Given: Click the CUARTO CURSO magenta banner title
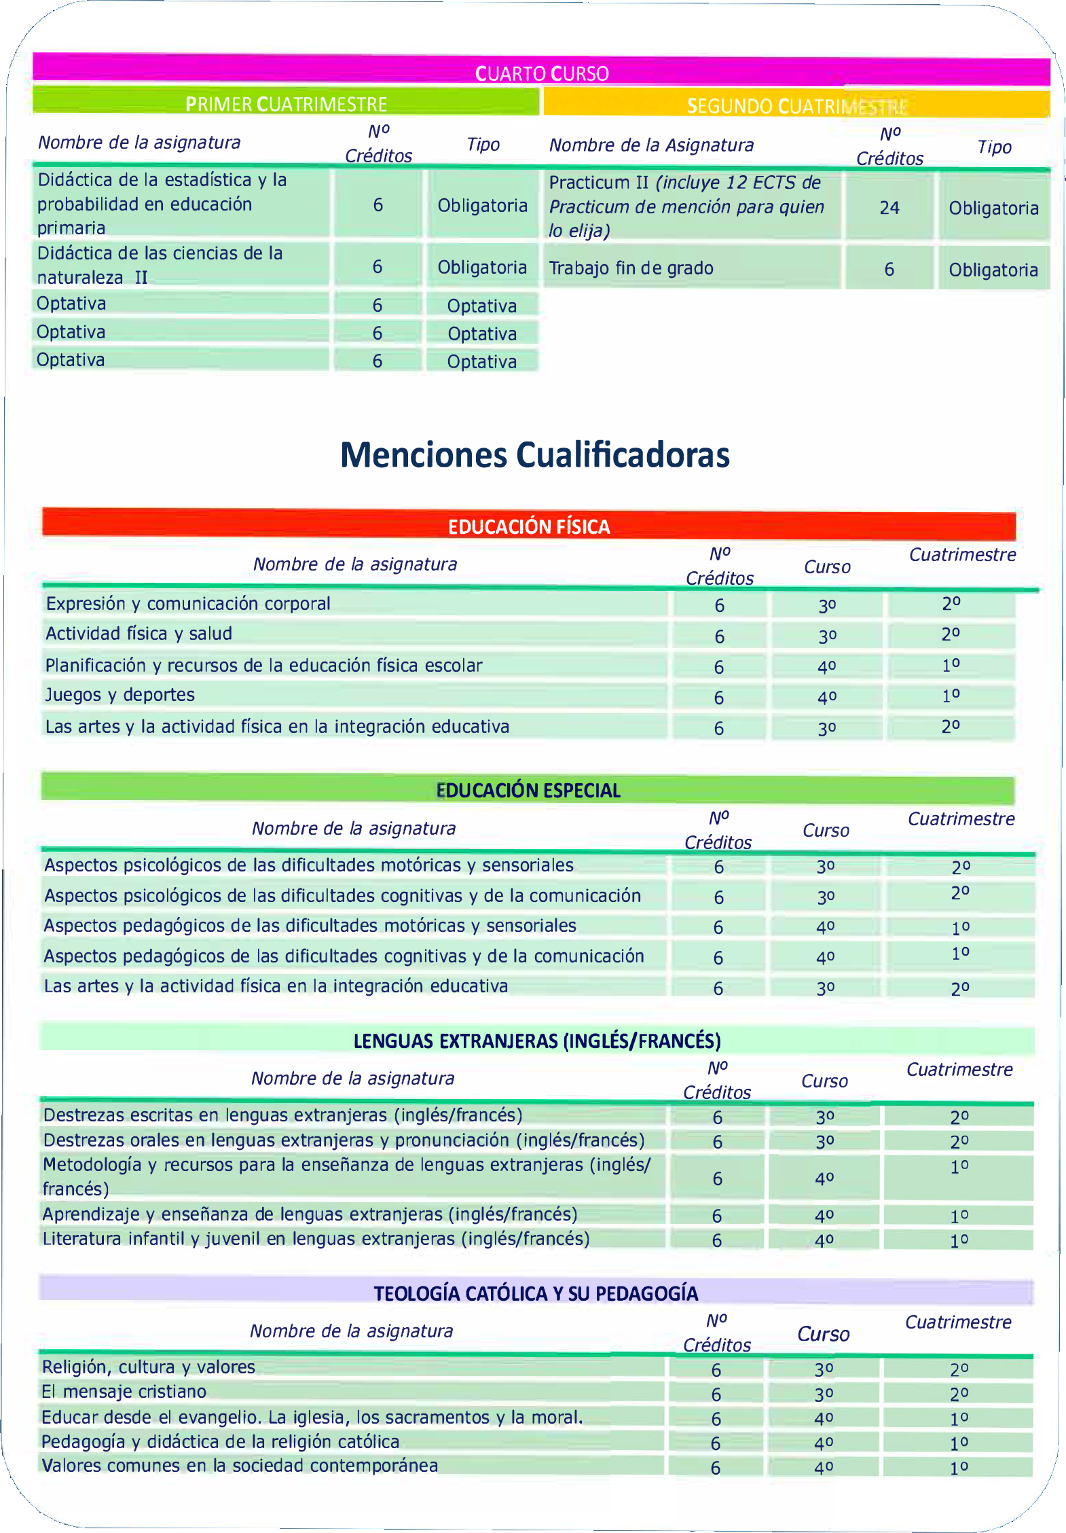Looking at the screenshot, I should point(542,73).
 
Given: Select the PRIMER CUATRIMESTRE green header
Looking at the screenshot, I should point(286,104).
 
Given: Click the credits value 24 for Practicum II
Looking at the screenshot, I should point(889,208).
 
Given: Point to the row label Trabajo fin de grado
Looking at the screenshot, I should point(631,268).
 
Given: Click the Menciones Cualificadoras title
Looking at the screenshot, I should point(534,455).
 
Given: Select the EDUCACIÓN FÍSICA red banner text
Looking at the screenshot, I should point(529,526).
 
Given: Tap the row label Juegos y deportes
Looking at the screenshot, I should point(120,695).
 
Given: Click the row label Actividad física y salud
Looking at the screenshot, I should point(139,634).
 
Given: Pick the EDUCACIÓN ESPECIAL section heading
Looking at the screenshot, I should point(528,791).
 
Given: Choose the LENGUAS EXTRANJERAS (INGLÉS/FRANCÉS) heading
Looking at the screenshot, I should point(536,1041).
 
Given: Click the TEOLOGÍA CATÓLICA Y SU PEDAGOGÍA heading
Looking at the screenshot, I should point(536,1293).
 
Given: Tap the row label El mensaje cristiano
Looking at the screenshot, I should point(124,1392).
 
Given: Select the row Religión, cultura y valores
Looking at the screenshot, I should point(148,1367).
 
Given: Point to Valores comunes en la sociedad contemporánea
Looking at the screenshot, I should point(240,1466).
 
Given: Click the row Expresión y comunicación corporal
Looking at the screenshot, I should point(187,604).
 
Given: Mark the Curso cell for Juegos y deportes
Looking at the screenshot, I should point(826,698).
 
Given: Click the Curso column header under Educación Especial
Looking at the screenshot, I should point(826,831).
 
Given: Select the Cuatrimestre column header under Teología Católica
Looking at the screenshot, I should point(958,1322).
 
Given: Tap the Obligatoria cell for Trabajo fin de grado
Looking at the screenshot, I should point(993,270).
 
